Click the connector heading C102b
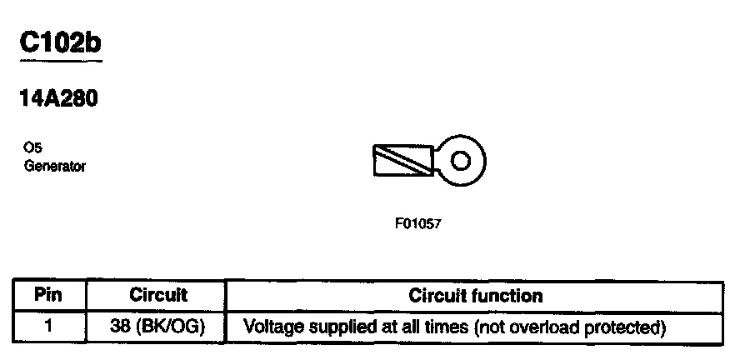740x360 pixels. [60, 44]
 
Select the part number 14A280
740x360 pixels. [58, 99]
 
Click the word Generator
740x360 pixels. [56, 166]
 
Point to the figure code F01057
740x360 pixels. [417, 224]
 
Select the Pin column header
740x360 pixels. [48, 295]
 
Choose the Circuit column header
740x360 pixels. [158, 295]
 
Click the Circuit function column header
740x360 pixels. [476, 295]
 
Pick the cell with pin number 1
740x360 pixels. [48, 326]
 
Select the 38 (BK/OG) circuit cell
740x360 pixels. [158, 326]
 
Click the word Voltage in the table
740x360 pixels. [270, 326]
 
